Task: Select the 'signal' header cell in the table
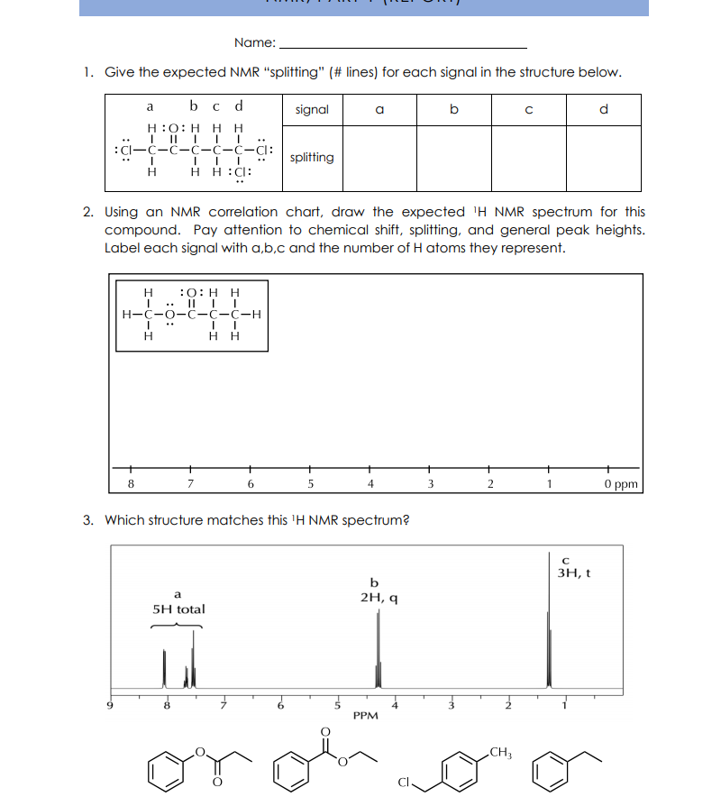[x=312, y=110]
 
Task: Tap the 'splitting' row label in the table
[x=312, y=157]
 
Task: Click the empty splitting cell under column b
[x=453, y=158]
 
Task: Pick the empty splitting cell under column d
[x=604, y=158]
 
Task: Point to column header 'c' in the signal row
[x=528, y=110]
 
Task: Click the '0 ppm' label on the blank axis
[x=622, y=484]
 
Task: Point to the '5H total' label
[x=178, y=609]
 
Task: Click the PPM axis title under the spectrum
[x=365, y=715]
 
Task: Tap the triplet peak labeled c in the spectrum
[x=548, y=649]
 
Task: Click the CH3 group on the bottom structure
[x=500, y=752]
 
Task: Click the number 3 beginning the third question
[x=87, y=520]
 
